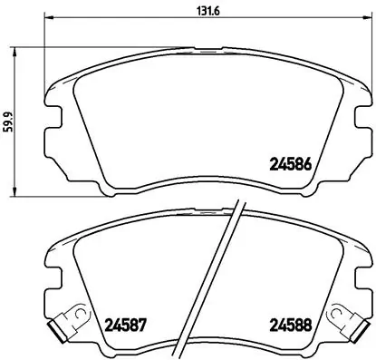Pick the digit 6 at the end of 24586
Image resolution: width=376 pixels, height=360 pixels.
tap(308, 165)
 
